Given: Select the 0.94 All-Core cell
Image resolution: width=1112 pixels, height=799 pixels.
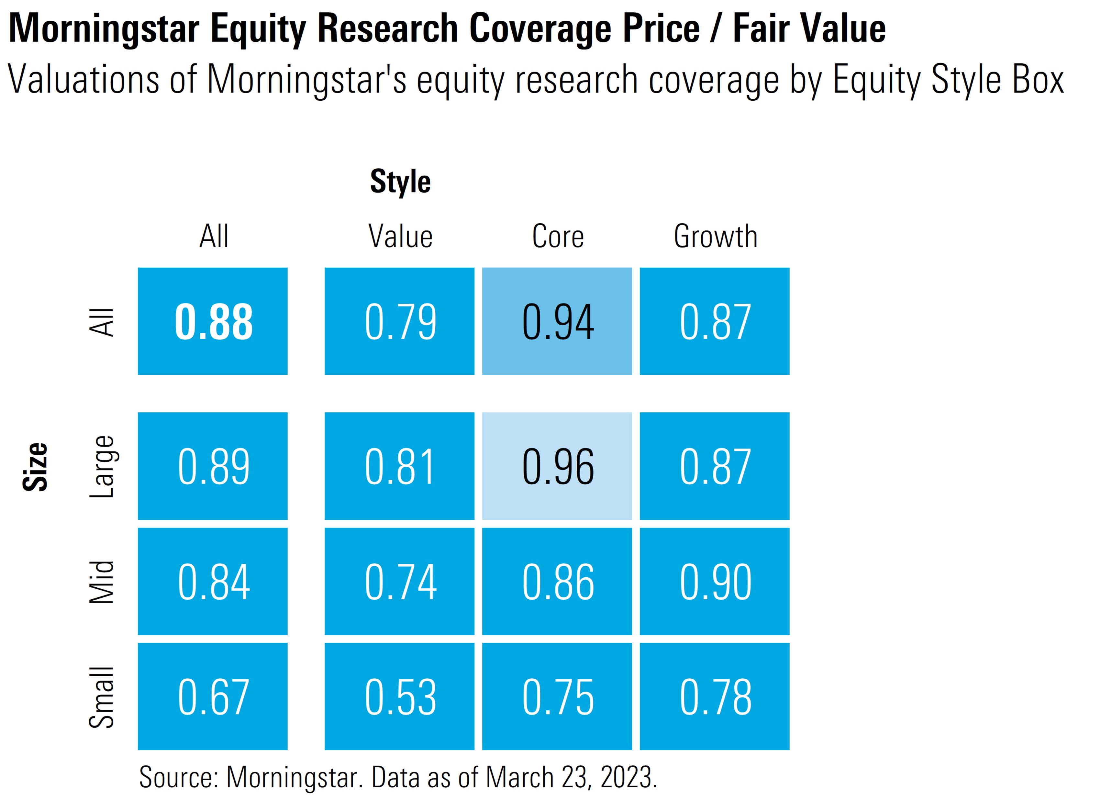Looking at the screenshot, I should pos(557,322).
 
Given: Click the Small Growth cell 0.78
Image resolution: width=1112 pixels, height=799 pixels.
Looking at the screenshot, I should pos(714,696).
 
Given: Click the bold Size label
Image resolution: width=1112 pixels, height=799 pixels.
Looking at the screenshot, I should pos(35,466).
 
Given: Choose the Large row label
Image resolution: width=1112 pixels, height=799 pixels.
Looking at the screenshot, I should pos(102,466).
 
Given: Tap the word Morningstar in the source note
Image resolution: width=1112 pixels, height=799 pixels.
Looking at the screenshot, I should pos(292,777).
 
